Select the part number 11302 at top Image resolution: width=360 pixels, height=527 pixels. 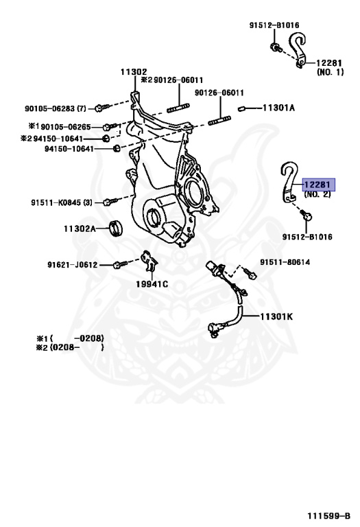coord(133,71)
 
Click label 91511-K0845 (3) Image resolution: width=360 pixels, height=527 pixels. coord(61,202)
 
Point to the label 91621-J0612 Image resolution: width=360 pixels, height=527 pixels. coord(73,263)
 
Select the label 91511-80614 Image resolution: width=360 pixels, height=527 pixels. coord(285,261)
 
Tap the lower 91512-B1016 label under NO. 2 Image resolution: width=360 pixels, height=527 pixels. coord(307,237)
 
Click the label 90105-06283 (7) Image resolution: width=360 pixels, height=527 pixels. coord(57,108)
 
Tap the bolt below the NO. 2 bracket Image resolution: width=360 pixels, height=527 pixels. coord(306,216)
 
